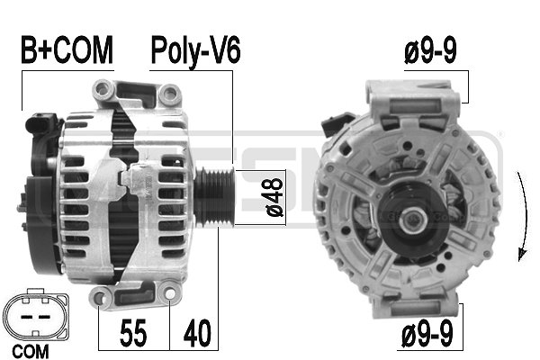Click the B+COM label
click(67, 51)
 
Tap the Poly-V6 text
click(195, 51)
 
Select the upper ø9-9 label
click(428, 51)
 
